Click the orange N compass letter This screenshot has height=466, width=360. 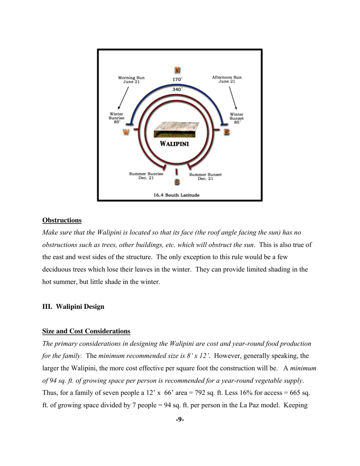click(x=177, y=70)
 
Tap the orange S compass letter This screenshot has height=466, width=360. click(x=177, y=182)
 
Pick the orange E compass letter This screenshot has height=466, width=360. click(x=227, y=132)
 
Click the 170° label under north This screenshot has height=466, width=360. click(x=177, y=80)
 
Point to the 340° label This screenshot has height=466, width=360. click(x=177, y=89)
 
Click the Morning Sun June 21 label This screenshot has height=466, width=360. click(x=131, y=80)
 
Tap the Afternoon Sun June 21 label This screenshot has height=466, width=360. click(x=227, y=79)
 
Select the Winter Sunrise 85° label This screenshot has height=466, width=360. click(x=117, y=118)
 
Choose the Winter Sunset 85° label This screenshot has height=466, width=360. click(x=237, y=118)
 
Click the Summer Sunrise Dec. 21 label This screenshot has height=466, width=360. click(x=146, y=176)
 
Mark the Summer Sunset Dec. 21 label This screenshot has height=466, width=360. click(x=205, y=177)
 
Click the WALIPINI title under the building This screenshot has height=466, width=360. click(x=174, y=144)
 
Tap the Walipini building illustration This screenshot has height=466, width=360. click(x=176, y=130)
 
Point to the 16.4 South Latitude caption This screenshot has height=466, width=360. click(x=176, y=195)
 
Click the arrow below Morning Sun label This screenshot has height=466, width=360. click(x=124, y=98)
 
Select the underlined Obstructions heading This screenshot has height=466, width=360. click(x=62, y=220)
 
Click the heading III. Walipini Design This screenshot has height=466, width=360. click(x=73, y=307)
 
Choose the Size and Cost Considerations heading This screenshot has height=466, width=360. click(x=86, y=332)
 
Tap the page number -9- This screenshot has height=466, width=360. click(x=180, y=419)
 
